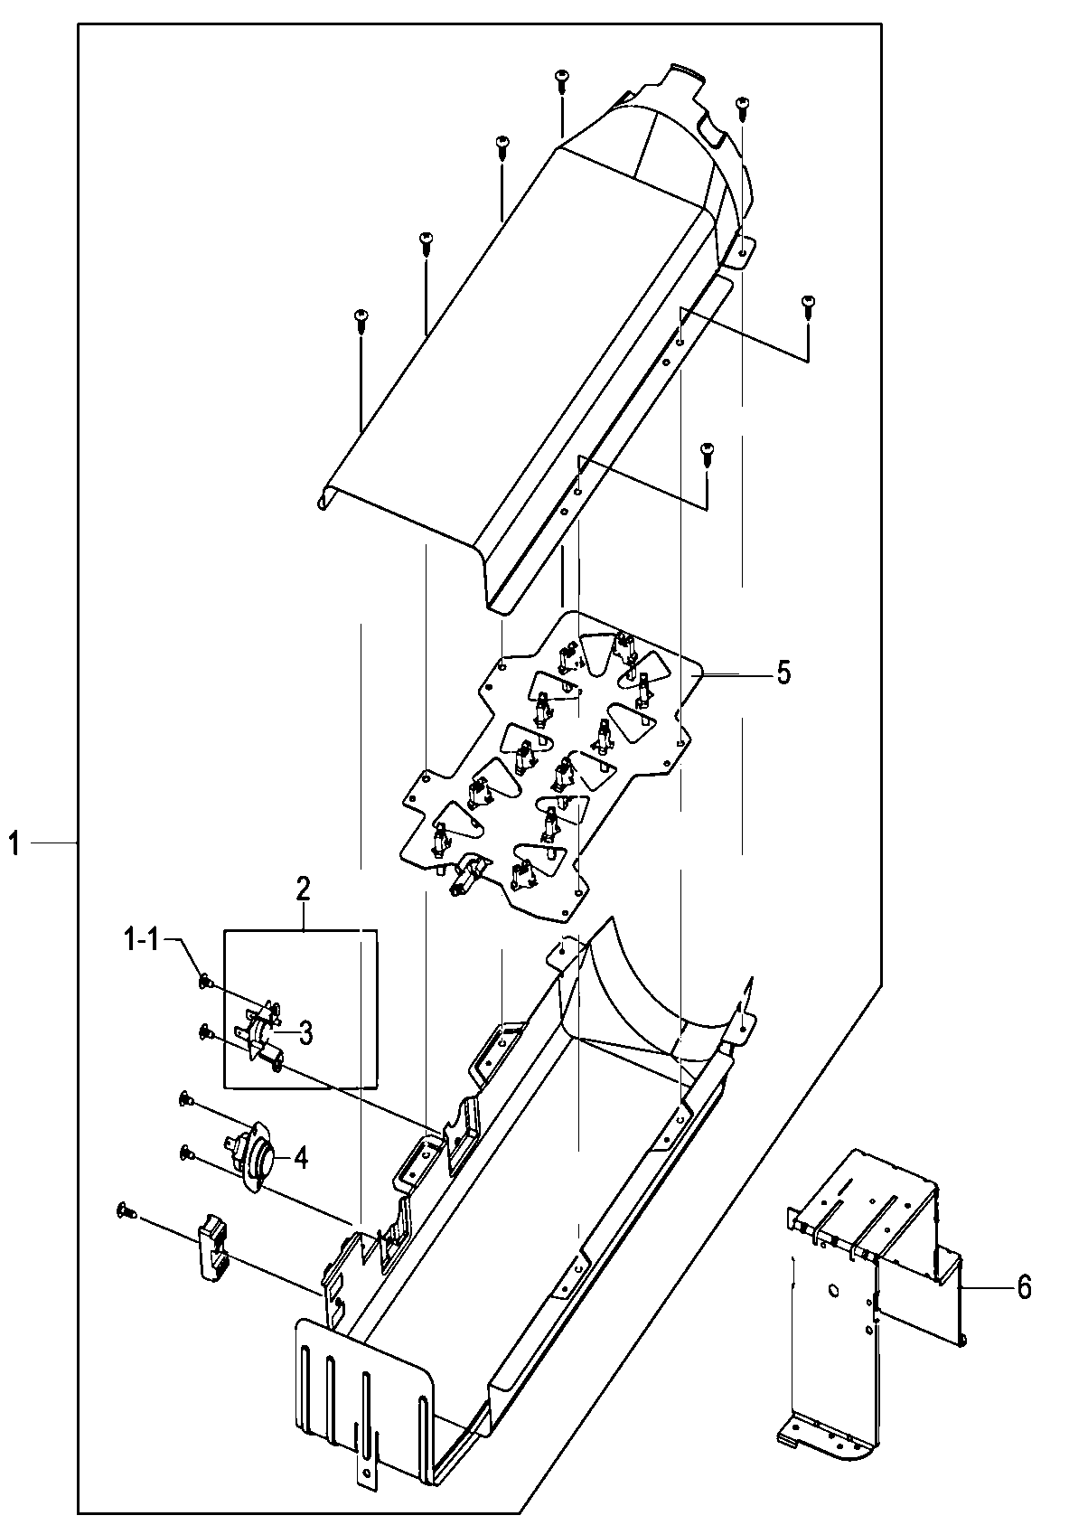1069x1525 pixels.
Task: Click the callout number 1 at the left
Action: coord(14,844)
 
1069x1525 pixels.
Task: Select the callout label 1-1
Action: coord(141,940)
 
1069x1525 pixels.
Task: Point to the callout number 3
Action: coord(306,1032)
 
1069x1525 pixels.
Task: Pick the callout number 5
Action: coord(783,673)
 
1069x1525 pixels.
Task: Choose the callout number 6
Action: coord(1023,1286)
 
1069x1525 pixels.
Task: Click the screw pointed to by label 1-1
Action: coord(205,980)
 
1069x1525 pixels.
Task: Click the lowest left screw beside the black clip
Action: coord(124,1210)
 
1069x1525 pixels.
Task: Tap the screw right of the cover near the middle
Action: coord(708,450)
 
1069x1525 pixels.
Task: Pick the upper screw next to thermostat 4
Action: coord(185,1097)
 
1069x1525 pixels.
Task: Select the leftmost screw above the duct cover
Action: coord(361,316)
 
